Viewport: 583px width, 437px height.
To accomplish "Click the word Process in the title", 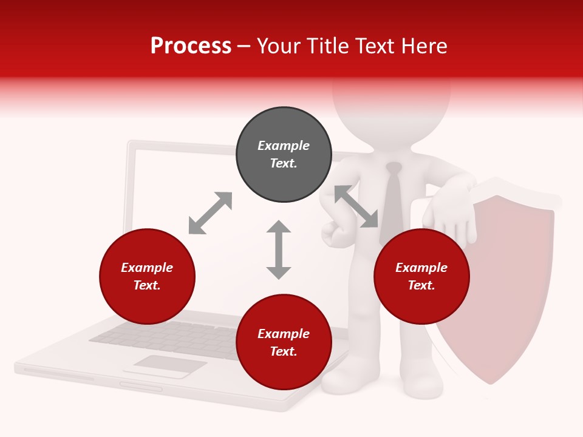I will click(x=191, y=46).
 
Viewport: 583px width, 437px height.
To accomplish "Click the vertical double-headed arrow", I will click(x=279, y=249).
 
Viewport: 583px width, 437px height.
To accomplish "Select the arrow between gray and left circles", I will click(x=210, y=213).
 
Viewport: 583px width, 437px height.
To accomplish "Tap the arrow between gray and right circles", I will click(x=356, y=206).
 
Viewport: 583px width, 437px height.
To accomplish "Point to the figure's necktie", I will click(x=394, y=200).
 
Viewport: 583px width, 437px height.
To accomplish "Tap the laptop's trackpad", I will click(x=170, y=364).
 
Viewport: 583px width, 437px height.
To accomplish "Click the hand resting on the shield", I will click(x=449, y=215).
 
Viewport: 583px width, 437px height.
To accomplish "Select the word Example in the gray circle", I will click(x=284, y=146).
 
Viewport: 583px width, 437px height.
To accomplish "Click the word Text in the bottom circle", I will click(x=284, y=351).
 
